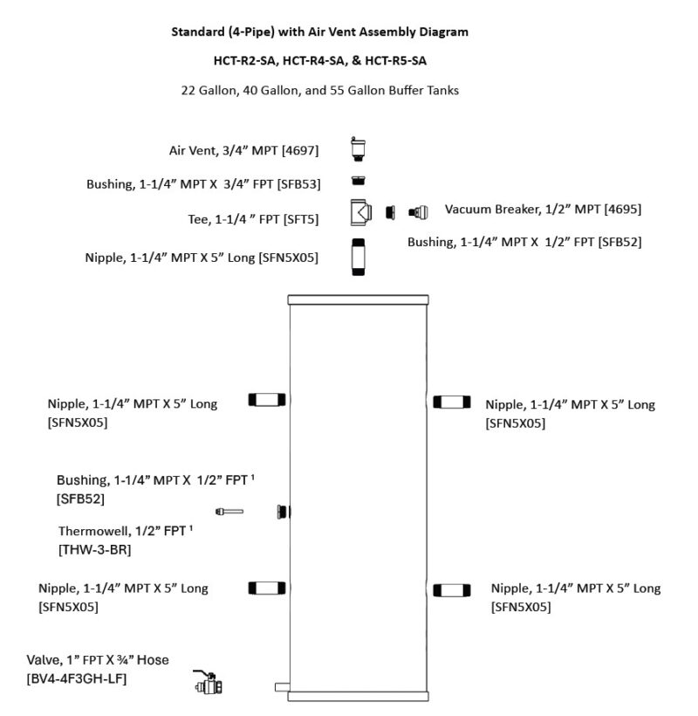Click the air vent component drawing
tap(358, 148)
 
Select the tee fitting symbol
tap(361, 212)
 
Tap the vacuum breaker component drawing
tap(418, 212)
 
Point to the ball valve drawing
tap(208, 682)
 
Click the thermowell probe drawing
tap(229, 512)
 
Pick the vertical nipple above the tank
tap(359, 257)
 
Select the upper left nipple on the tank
tap(267, 400)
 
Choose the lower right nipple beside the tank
tap(452, 590)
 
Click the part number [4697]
tap(300, 150)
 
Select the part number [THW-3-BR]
tap(95, 549)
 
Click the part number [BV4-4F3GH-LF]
tap(77, 678)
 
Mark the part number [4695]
tap(623, 210)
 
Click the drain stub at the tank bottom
tap(282, 687)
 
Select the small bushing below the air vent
tap(359, 181)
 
